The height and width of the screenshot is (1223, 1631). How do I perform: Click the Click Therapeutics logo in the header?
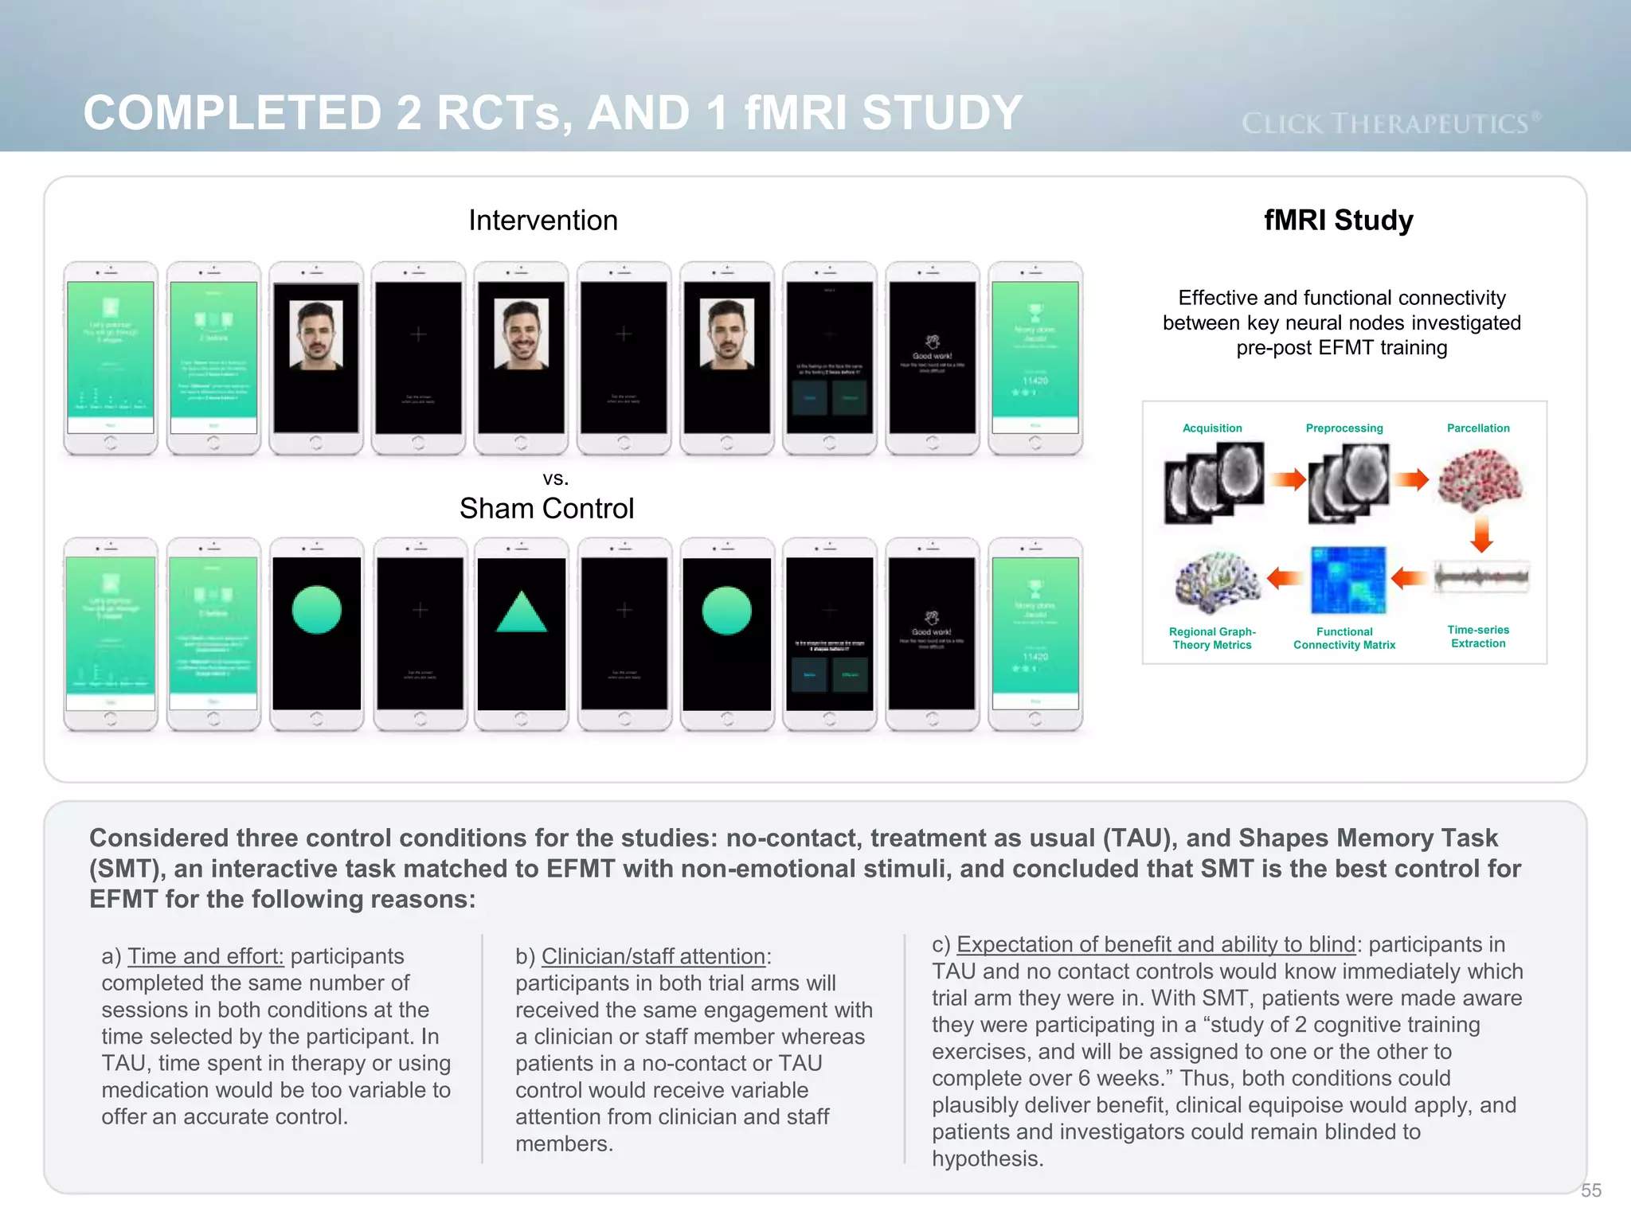point(1390,123)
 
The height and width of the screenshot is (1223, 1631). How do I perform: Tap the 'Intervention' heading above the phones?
point(543,221)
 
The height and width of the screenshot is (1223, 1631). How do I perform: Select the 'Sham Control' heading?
point(546,509)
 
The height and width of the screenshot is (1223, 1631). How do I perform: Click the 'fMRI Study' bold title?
point(1339,220)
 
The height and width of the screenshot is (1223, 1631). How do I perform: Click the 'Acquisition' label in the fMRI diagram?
point(1212,428)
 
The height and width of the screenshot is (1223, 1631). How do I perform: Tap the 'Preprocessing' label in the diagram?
point(1344,428)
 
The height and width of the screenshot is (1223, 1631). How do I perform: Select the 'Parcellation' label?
point(1478,428)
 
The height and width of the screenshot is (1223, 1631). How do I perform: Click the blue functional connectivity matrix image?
point(1348,580)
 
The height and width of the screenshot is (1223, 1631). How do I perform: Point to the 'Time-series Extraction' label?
point(1478,636)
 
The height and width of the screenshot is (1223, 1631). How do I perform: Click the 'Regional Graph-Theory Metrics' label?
point(1212,639)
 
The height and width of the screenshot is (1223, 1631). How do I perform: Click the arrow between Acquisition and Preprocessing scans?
point(1288,479)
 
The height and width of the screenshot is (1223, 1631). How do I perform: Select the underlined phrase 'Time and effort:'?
point(205,956)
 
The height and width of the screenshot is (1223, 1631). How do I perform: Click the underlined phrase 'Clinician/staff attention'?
point(653,956)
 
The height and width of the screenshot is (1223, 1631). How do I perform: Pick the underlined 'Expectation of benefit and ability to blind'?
point(1156,944)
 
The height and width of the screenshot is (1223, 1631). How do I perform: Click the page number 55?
point(1591,1190)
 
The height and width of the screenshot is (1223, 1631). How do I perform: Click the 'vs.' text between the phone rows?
point(555,479)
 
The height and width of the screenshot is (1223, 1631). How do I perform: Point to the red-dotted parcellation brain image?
point(1480,480)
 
